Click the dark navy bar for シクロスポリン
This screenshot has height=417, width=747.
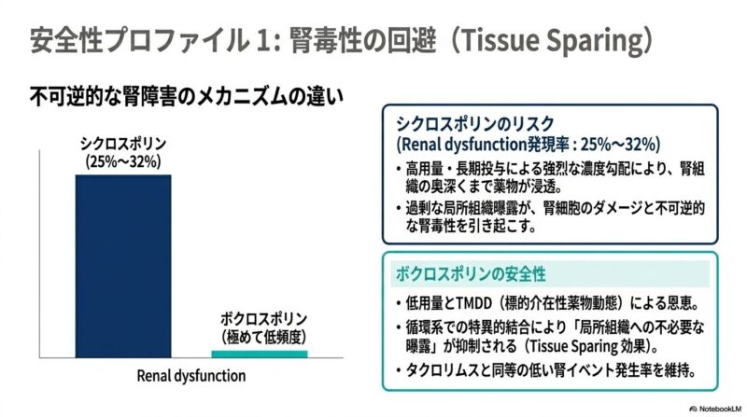coord(123,266)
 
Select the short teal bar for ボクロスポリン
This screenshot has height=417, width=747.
coord(260,354)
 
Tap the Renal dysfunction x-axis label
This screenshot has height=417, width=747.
coord(191,376)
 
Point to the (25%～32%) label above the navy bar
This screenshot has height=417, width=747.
coord(123,161)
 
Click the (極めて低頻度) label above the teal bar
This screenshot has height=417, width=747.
coord(263,337)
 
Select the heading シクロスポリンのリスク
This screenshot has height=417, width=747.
coord(475,124)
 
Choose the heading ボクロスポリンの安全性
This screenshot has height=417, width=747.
coord(471,274)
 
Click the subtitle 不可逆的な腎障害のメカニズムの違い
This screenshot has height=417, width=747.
coord(186,97)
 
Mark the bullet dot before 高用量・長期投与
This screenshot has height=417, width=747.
coord(399,170)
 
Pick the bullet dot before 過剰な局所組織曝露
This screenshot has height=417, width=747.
coord(399,209)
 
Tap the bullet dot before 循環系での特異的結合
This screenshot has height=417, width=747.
coord(399,328)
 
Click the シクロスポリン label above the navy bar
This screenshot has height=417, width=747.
coord(123,144)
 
